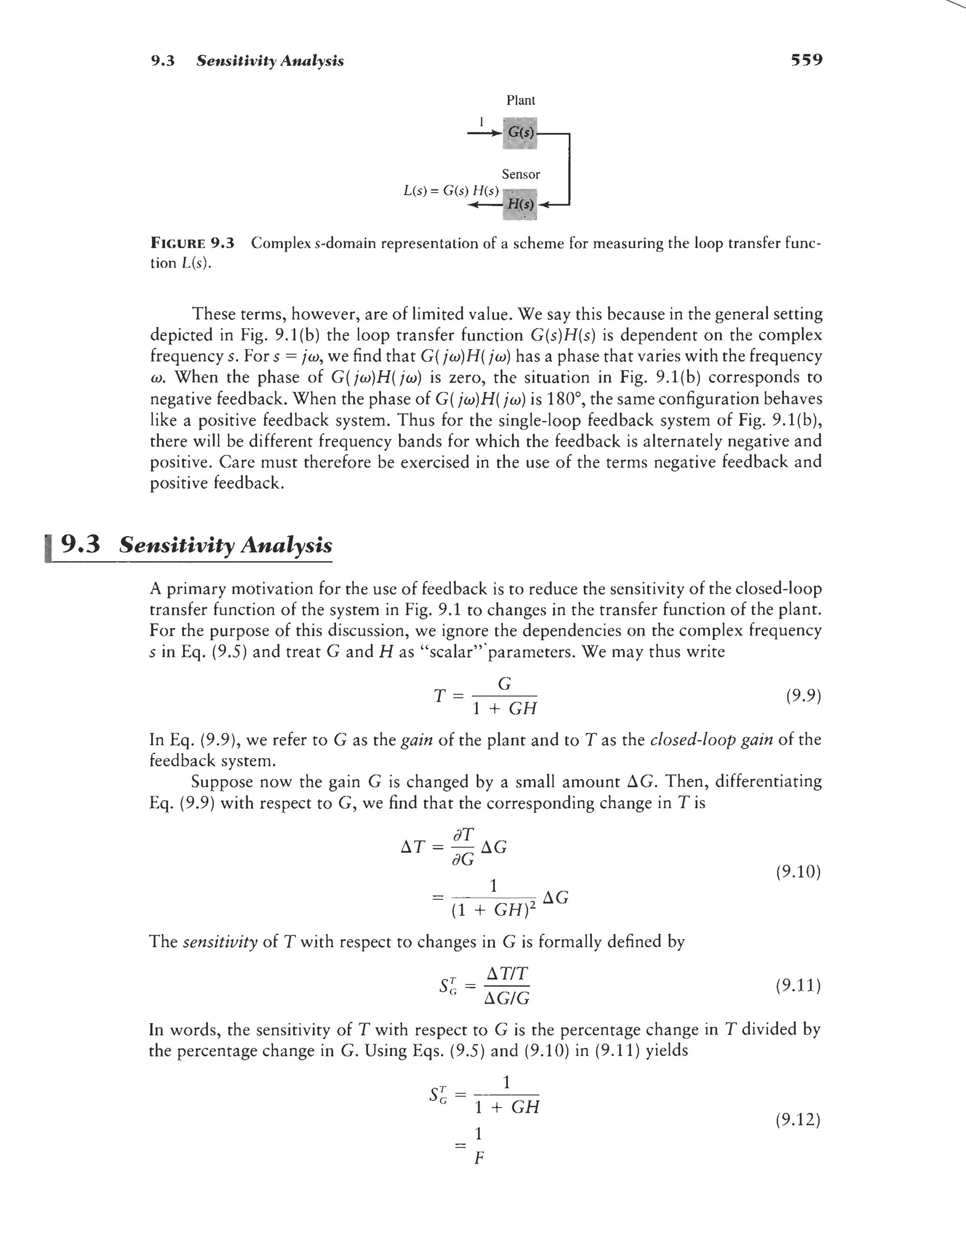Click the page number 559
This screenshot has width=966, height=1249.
[x=806, y=60]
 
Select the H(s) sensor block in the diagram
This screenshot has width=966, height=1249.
[x=520, y=204]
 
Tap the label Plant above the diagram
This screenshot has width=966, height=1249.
[x=520, y=100]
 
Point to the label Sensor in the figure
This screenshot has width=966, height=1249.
[x=520, y=174]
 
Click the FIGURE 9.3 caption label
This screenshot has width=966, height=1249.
[x=192, y=243]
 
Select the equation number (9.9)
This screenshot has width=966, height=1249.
[x=803, y=696]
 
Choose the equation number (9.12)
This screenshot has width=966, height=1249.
[x=799, y=1119]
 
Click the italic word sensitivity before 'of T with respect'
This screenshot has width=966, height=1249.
[x=220, y=942]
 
